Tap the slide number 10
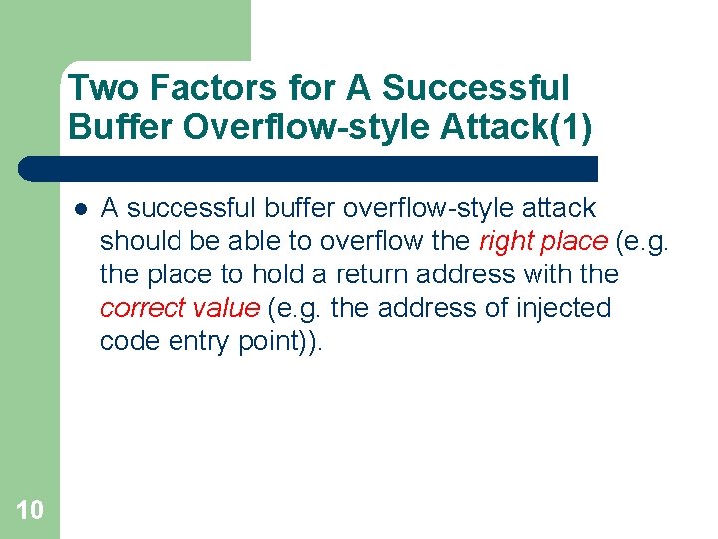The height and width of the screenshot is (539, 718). coord(29,510)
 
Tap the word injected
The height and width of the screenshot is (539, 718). coord(563,308)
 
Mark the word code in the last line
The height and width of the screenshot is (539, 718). coord(126,342)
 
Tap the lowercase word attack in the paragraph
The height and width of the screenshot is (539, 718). coord(559,208)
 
